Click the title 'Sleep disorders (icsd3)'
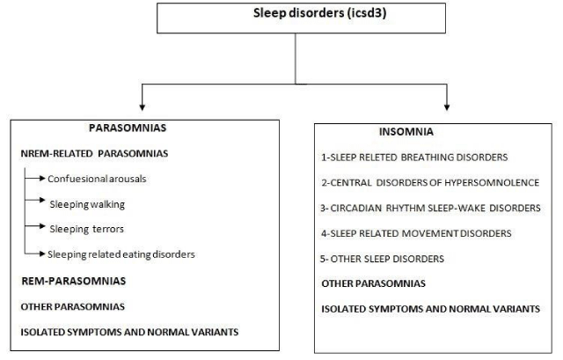tap(319, 13)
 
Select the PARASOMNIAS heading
tap(128, 128)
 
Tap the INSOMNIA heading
tap(406, 132)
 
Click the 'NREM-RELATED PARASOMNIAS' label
tap(94, 153)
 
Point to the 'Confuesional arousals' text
tap(97, 179)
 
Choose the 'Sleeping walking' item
tap(87, 204)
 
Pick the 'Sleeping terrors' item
tap(86, 229)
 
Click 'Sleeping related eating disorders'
tap(121, 254)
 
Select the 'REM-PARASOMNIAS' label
tap(74, 281)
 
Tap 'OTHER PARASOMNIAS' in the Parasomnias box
tap(72, 307)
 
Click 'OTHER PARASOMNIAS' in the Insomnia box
tap(373, 283)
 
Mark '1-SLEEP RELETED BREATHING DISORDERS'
tap(414, 158)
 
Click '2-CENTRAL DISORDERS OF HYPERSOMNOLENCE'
tap(430, 182)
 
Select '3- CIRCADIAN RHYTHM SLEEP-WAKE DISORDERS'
tap(430, 208)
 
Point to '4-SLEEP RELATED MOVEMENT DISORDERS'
tap(416, 233)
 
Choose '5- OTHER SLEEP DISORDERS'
tap(382, 259)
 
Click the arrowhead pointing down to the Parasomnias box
tap(143, 107)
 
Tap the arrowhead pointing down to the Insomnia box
tap(447, 107)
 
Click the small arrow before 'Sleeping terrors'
tap(35, 226)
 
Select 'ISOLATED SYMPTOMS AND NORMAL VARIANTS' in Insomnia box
tap(430, 309)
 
